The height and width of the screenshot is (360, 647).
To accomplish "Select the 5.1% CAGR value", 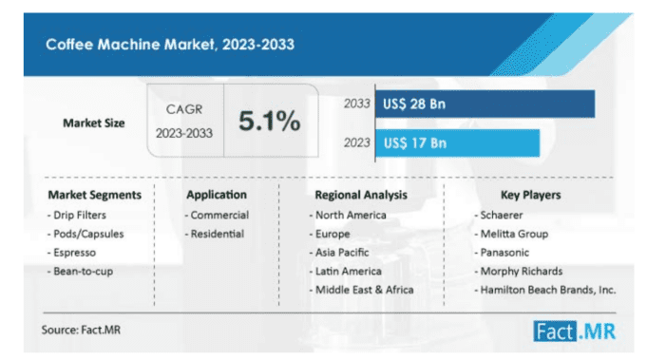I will point(269,122).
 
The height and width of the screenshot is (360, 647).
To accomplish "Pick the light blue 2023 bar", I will point(456,142).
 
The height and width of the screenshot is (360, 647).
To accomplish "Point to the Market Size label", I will point(94,123).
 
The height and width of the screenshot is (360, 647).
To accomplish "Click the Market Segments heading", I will point(94,195).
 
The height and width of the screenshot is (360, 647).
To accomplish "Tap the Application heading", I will point(217,195).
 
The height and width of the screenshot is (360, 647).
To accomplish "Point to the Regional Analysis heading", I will point(361,195).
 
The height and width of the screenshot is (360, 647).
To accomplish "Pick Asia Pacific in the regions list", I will point(343,253).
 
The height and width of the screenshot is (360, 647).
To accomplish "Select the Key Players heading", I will point(529,195).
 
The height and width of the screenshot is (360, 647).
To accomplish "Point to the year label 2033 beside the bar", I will point(356,103).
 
